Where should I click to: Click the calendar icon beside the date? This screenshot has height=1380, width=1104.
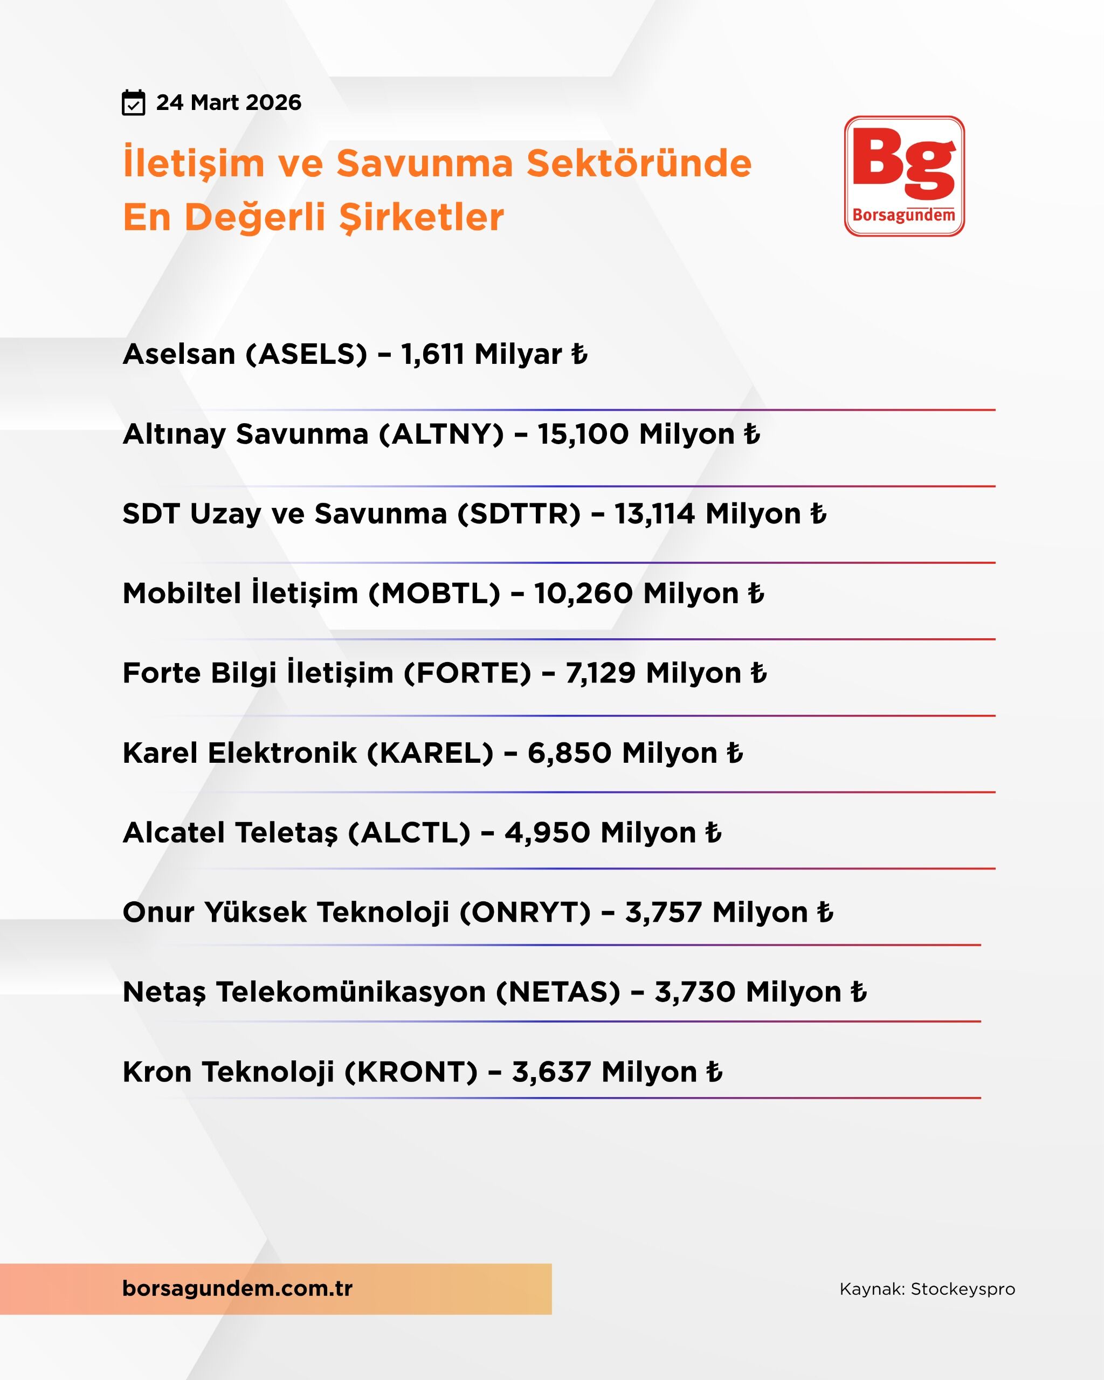(133, 103)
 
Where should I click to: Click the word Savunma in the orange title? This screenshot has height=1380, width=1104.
(424, 163)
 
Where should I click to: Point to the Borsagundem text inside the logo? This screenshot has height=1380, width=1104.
(903, 215)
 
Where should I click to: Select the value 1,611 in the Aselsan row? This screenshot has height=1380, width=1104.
(432, 354)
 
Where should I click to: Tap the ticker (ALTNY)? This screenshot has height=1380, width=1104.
(441, 434)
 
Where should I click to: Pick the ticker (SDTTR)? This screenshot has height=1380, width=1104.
(519, 514)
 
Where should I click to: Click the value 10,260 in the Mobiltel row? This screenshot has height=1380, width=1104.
(584, 594)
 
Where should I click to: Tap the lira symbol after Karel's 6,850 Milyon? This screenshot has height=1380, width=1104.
(735, 753)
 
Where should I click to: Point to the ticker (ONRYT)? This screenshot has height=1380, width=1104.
(525, 913)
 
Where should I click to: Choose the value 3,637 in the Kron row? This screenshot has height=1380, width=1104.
(551, 1072)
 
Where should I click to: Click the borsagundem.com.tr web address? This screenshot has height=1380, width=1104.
(237, 1288)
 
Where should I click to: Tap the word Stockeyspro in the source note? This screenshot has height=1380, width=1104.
(963, 1289)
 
